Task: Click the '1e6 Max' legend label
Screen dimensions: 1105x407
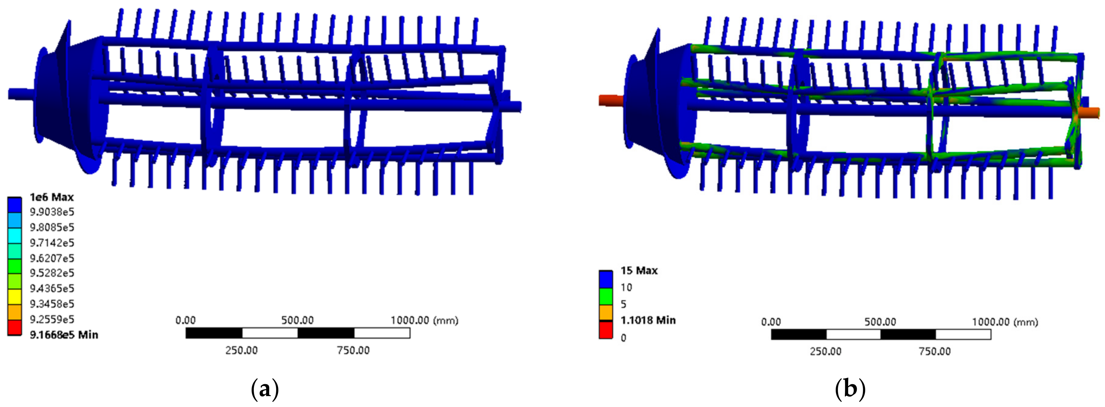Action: click(51, 197)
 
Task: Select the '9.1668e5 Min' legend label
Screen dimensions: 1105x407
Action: click(64, 335)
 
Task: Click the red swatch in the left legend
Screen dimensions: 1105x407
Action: click(15, 327)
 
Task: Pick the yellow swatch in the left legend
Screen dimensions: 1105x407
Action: click(15, 297)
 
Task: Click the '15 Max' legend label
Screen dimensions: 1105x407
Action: click(639, 271)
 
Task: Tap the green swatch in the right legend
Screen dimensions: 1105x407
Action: click(606, 296)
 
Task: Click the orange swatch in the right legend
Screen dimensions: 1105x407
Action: click(606, 313)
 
